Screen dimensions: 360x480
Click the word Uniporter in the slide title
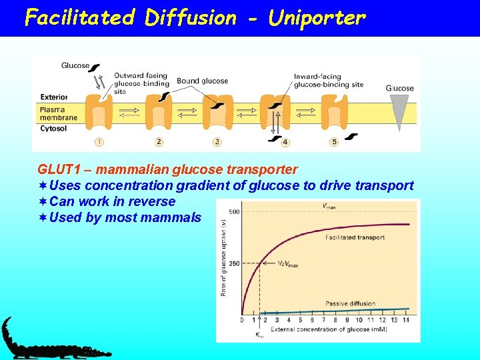[317, 17]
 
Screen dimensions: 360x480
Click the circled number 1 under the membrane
[99, 141]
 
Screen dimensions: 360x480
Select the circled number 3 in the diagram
[217, 141]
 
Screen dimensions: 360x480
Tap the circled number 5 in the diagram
[334, 141]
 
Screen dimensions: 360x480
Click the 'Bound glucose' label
[202, 81]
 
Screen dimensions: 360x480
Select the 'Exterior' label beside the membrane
[53, 97]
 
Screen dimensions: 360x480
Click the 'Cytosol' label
[53, 128]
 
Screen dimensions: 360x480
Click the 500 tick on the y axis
[234, 212]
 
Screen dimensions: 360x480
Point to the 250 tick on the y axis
[234, 263]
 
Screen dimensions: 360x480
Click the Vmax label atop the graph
[329, 207]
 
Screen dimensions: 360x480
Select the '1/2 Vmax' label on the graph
[287, 265]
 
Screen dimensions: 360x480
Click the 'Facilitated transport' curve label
[354, 237]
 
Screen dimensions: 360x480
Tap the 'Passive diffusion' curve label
[350, 303]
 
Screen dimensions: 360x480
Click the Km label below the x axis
[259, 335]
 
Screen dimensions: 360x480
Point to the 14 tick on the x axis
[407, 321]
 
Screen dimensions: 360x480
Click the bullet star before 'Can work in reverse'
[43, 201]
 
